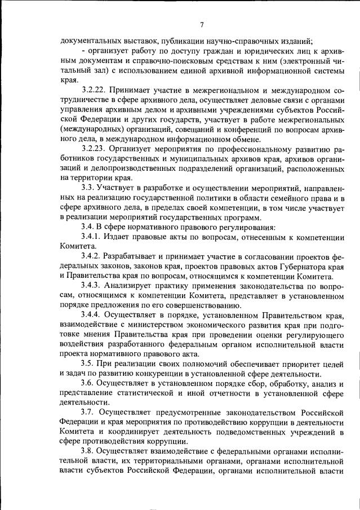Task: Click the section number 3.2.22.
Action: (x=94, y=90)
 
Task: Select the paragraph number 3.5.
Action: (x=88, y=365)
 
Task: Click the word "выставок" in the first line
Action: (x=132, y=41)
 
